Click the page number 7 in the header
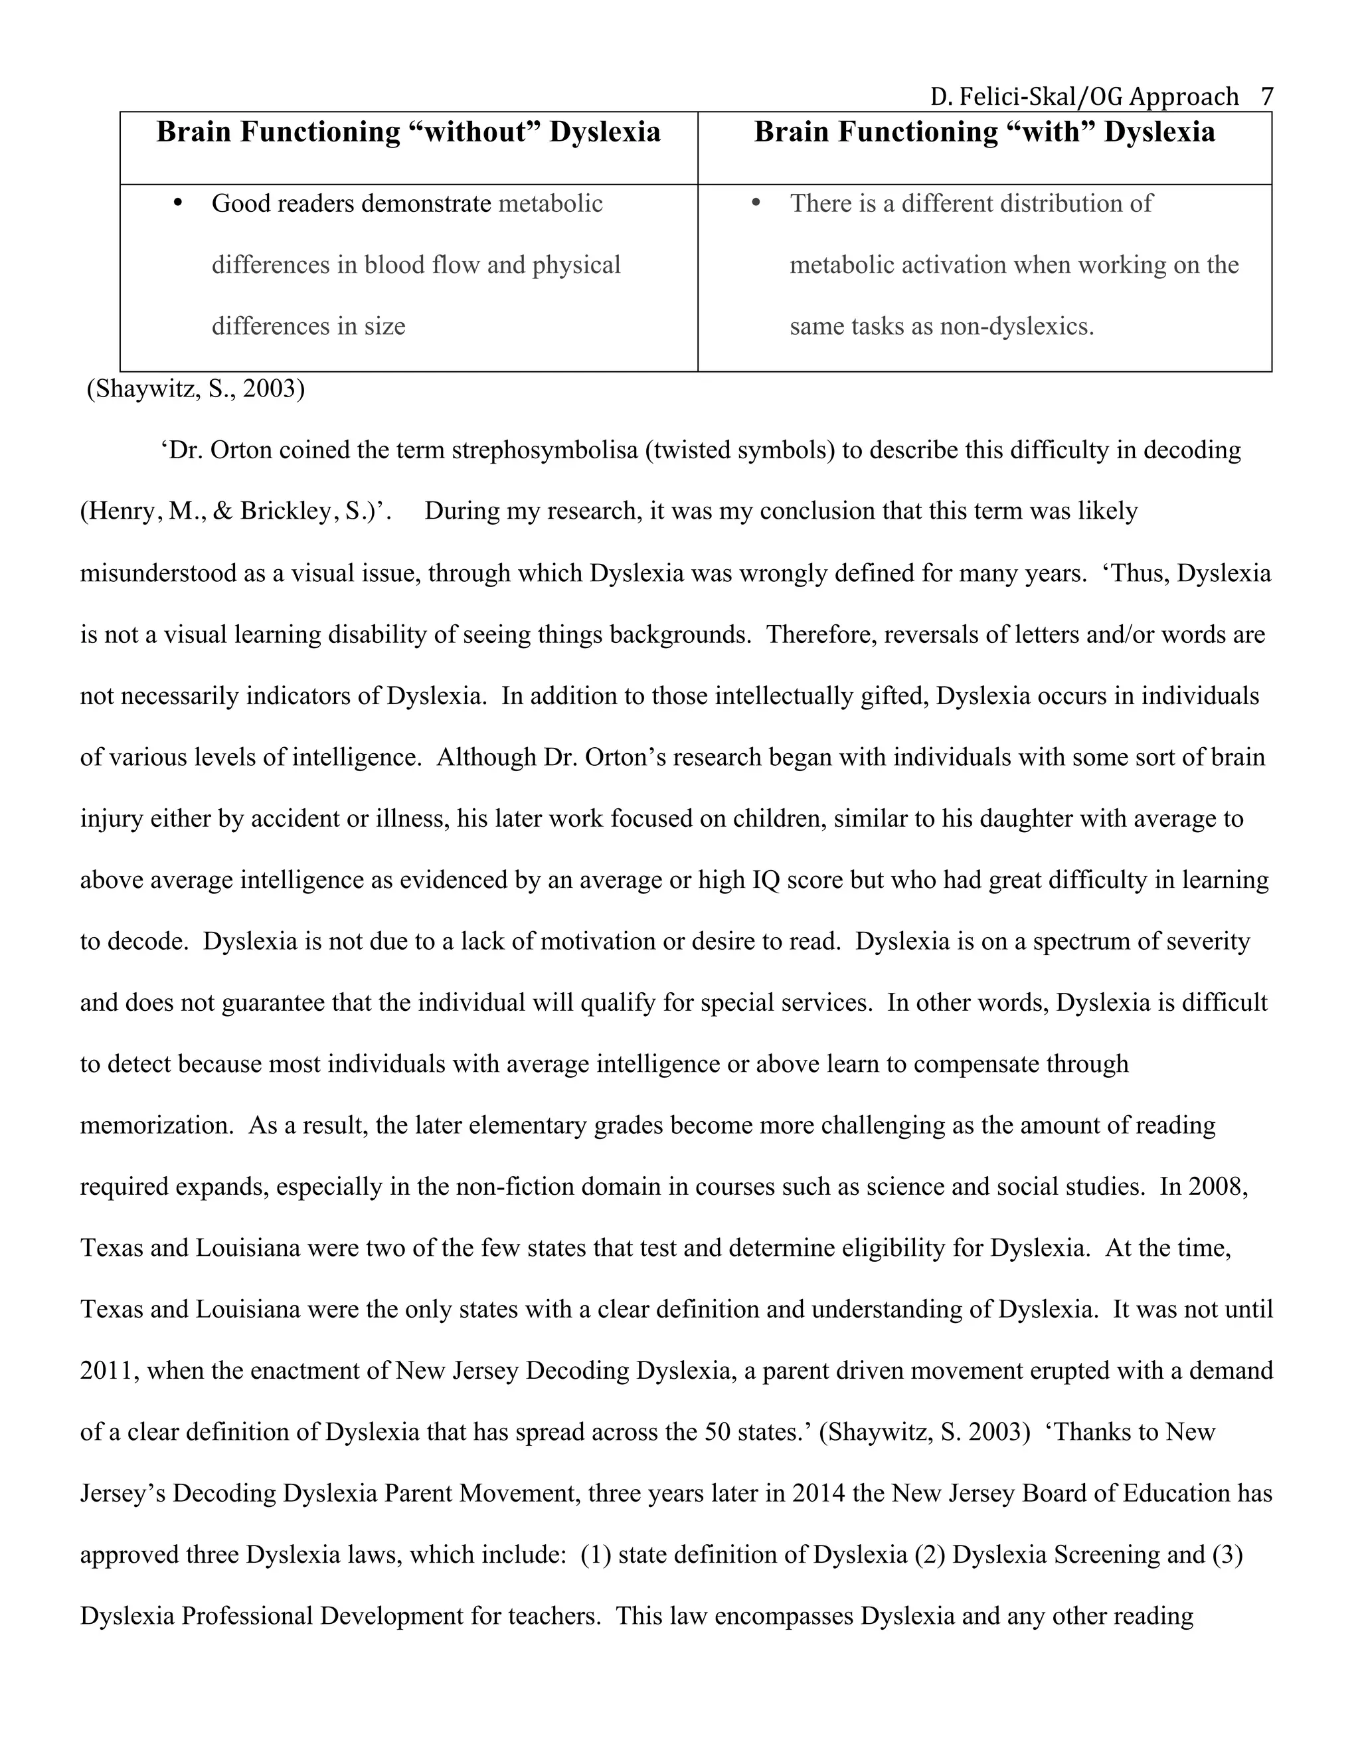click(1266, 97)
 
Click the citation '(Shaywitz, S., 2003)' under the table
click(196, 389)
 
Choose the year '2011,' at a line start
click(110, 1371)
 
